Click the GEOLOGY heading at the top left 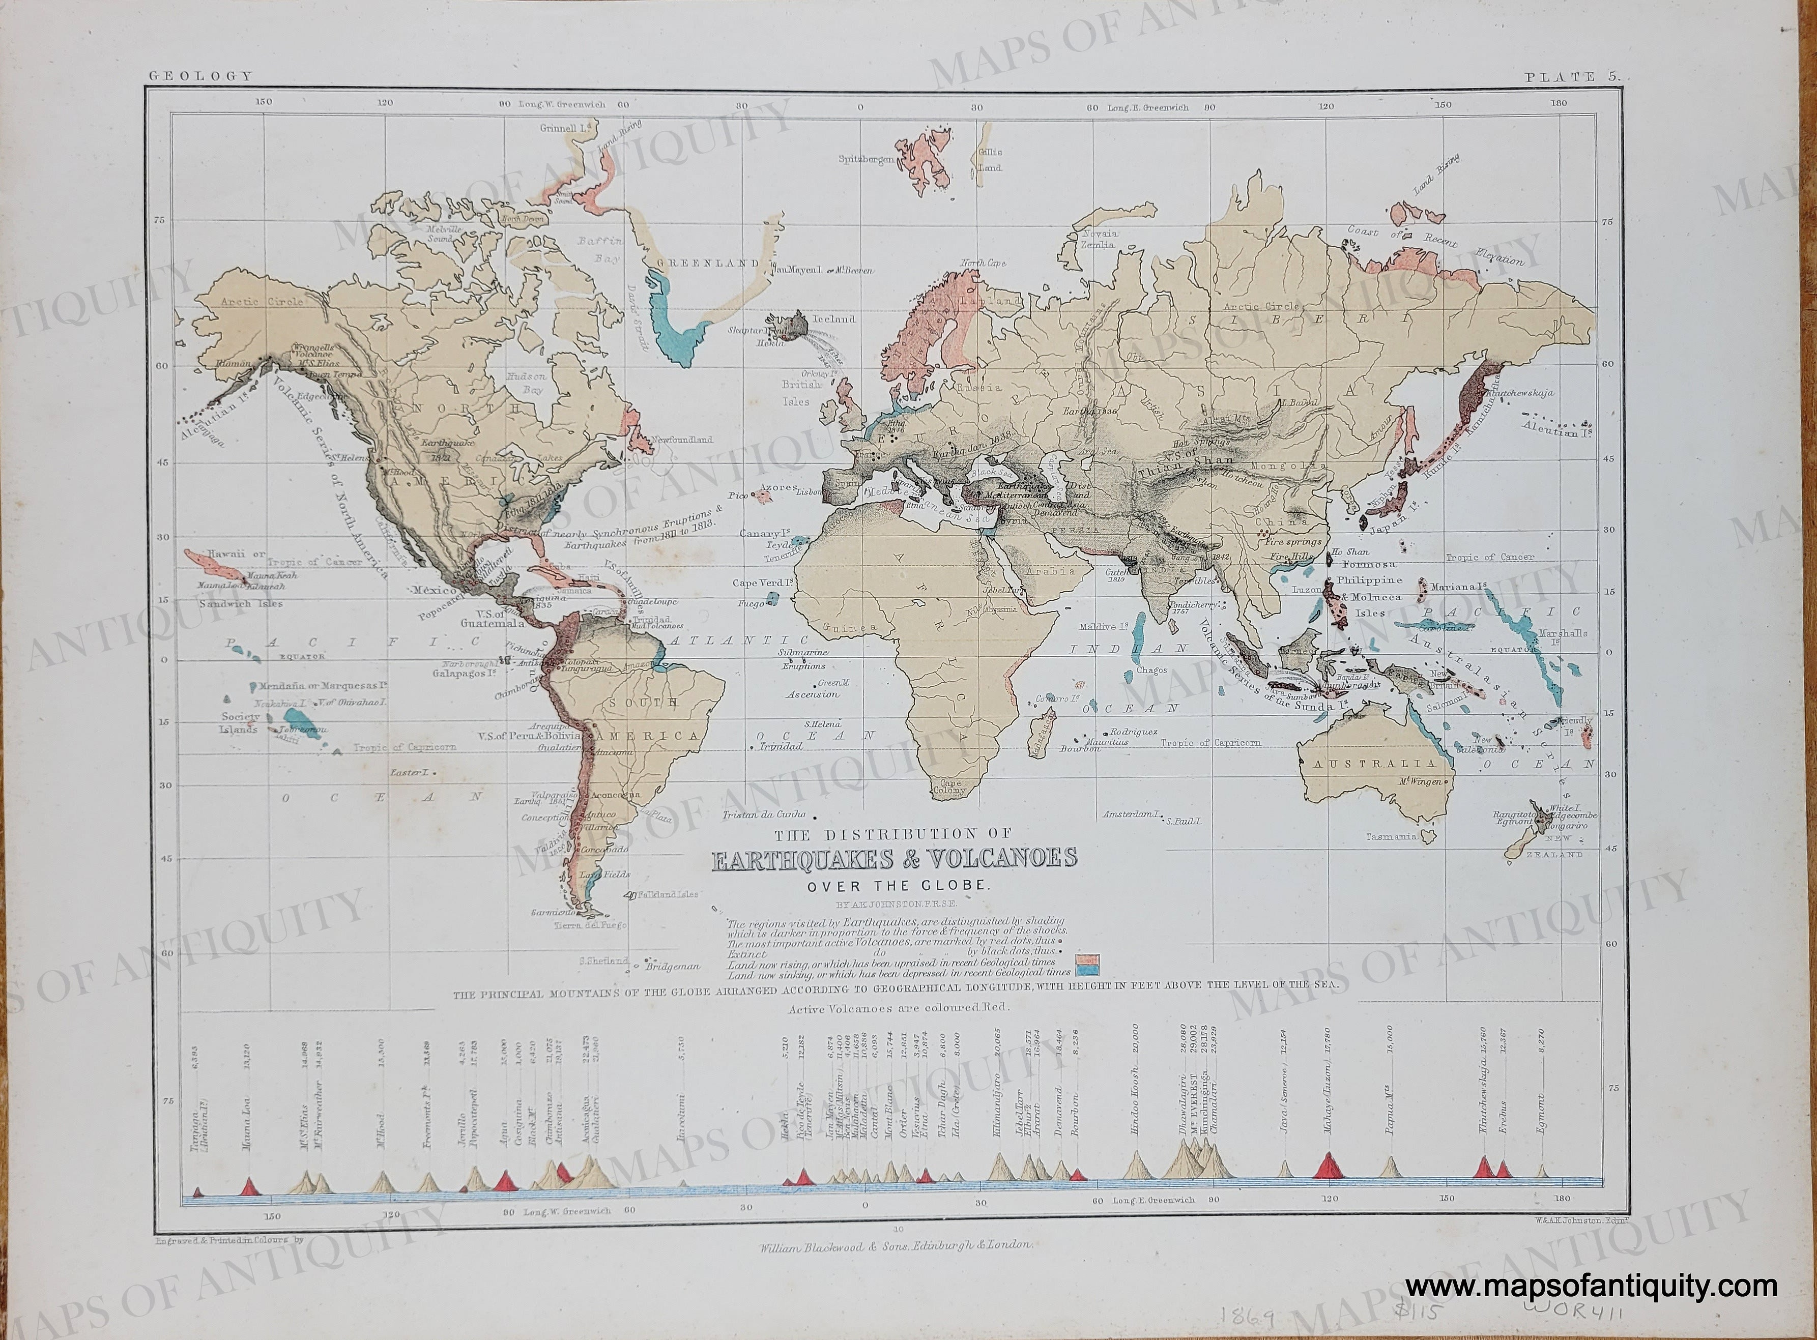pyautogui.click(x=199, y=76)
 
